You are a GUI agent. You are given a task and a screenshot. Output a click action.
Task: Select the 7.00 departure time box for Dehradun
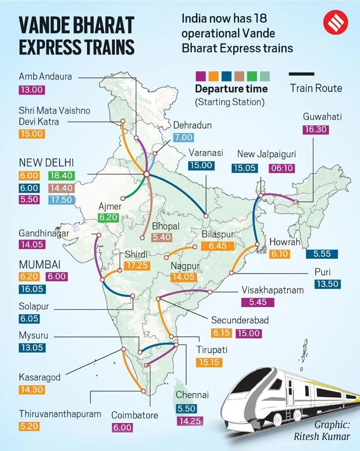(x=183, y=137)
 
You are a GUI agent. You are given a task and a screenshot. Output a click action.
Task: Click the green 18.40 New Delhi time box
(x=62, y=175)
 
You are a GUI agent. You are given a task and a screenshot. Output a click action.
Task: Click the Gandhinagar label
(x=44, y=233)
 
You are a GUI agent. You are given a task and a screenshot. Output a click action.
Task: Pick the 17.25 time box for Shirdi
(x=137, y=266)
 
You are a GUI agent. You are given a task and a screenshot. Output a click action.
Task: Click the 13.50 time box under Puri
(x=327, y=284)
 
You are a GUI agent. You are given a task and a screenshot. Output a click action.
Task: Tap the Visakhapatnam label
(x=272, y=290)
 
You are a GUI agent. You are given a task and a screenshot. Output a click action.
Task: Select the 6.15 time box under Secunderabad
(x=221, y=333)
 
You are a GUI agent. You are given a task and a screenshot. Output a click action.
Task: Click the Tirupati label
(x=212, y=350)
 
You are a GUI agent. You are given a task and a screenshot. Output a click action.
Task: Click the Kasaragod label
(x=40, y=377)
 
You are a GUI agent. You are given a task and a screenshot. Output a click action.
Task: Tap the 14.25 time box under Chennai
(x=189, y=421)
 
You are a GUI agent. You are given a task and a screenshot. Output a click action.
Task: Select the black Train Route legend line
(x=301, y=74)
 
